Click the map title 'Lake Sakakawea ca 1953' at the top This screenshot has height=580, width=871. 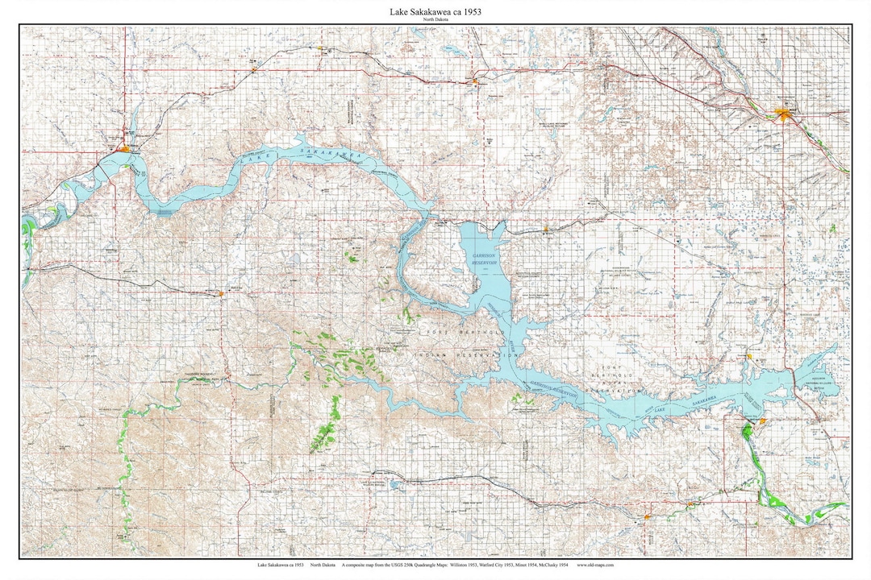[x=435, y=12]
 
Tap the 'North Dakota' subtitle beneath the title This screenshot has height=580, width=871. [x=435, y=20]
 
